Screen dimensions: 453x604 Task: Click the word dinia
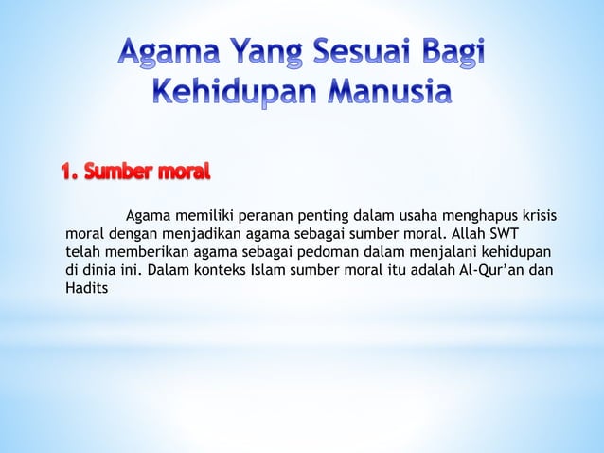click(100, 270)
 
